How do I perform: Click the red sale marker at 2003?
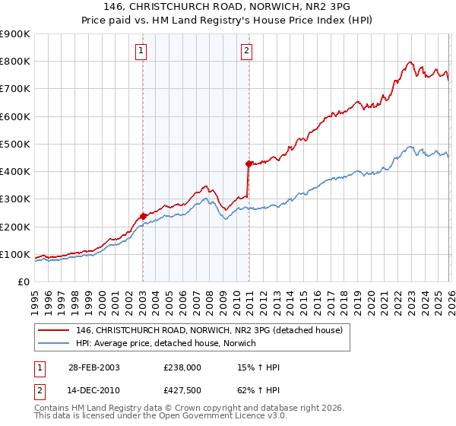click(143, 216)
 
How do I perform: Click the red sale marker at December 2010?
click(249, 164)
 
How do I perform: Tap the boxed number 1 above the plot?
click(141, 51)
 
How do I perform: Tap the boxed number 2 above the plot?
click(247, 51)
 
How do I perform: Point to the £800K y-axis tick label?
click(14, 62)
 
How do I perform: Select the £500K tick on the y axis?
click(14, 145)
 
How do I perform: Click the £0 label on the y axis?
click(23, 282)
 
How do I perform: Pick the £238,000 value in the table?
click(182, 367)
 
